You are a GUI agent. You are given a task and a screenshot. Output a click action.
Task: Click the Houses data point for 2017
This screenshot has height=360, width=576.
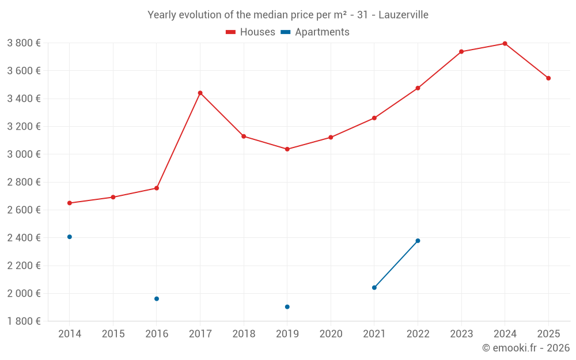coord(200,93)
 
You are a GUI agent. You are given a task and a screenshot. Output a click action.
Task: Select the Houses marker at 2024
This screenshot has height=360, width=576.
coord(505,44)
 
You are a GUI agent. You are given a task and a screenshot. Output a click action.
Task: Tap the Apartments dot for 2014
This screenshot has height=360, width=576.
coord(70,237)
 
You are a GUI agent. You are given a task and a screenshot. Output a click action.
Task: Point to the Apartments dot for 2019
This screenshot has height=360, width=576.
coord(287,307)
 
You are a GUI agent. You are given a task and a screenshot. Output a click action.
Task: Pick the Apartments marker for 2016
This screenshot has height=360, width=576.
coord(157,298)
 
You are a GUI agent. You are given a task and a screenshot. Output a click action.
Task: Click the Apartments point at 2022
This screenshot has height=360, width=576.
coord(418,241)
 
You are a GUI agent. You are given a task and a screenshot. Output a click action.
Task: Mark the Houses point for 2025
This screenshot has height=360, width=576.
coord(548,78)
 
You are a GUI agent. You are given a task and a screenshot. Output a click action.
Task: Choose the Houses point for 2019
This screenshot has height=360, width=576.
coord(287,149)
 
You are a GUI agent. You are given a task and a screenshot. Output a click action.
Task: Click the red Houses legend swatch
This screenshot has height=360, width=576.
coord(231,32)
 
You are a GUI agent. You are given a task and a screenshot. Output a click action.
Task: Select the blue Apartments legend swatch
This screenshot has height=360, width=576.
coord(286,32)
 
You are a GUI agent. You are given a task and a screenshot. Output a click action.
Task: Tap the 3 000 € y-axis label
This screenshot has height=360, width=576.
coord(24,154)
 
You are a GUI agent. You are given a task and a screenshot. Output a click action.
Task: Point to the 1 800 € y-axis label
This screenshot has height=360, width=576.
coord(24,321)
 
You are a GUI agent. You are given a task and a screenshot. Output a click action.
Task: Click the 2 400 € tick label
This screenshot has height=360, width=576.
coord(24,238)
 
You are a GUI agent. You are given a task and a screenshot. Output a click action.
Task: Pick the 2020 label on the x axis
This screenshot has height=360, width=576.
coord(331,334)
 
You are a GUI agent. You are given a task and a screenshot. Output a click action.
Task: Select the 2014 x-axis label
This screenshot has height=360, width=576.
coord(70,334)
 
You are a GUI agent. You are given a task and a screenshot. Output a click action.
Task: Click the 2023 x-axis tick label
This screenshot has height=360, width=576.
coord(461,334)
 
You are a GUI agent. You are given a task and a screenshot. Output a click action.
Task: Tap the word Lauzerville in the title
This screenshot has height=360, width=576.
coord(403,15)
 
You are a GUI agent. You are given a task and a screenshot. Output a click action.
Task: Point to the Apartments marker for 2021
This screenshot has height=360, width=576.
coord(374,287)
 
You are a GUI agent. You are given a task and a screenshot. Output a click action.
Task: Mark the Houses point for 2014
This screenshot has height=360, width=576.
coord(70,203)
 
